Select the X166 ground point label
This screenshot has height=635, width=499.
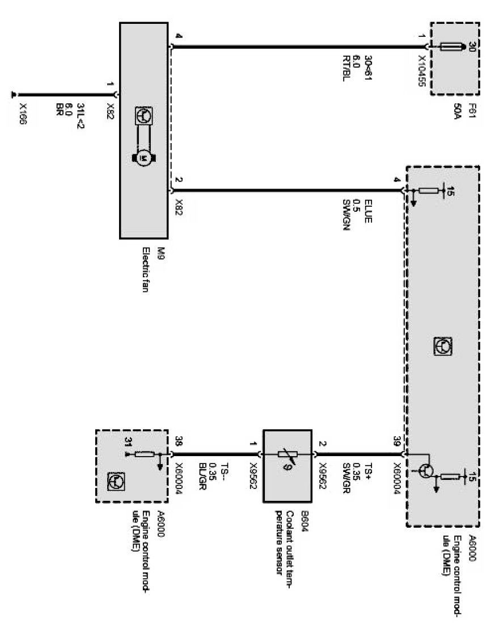[x=23, y=114]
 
